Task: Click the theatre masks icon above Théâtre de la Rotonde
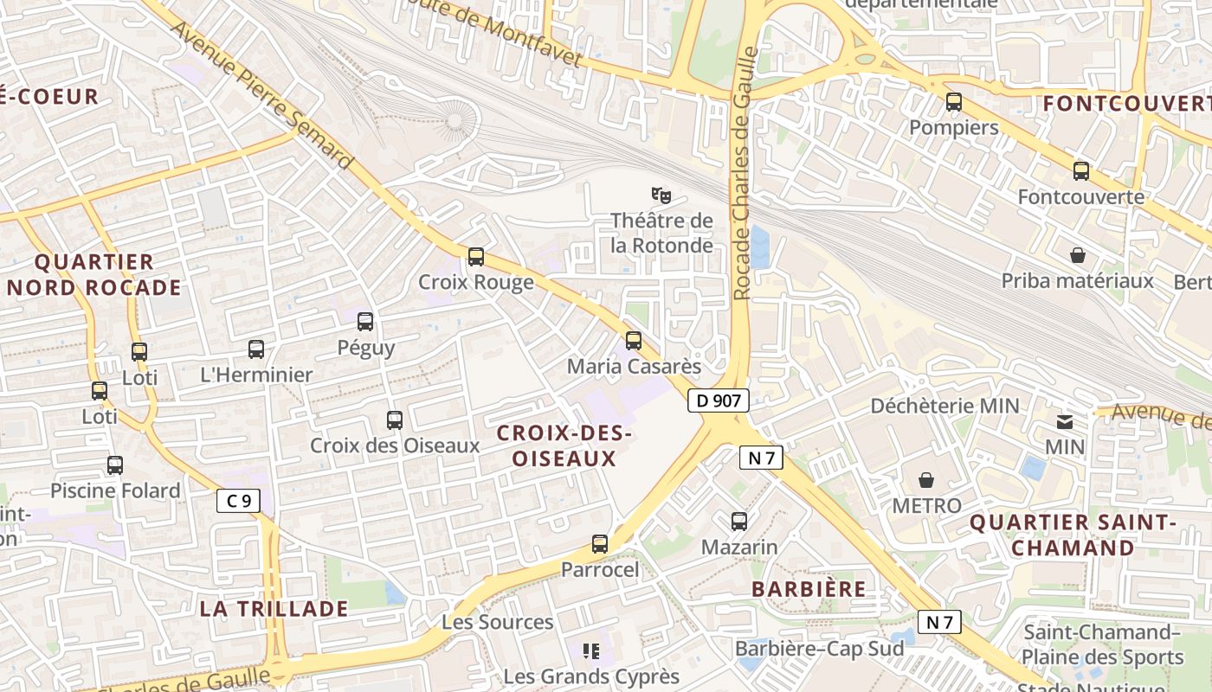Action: [x=661, y=195]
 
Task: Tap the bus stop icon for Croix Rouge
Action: [x=475, y=257]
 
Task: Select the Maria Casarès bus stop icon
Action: [x=634, y=341]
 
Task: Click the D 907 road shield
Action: [x=719, y=400]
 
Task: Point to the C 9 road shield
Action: [x=238, y=500]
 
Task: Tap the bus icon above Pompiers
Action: [x=953, y=102]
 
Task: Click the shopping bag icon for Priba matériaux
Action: [x=1078, y=255]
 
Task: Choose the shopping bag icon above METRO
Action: [x=926, y=479]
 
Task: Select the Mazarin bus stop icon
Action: [x=738, y=522]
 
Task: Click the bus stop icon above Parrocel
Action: [x=599, y=544]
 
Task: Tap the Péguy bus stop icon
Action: [x=365, y=322]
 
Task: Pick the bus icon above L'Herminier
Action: [x=255, y=349]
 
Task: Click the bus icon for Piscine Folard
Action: [x=115, y=465]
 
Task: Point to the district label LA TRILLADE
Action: [x=274, y=608]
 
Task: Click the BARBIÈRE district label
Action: [x=809, y=589]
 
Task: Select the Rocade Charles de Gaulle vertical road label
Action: [x=744, y=173]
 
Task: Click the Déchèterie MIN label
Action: [x=944, y=406]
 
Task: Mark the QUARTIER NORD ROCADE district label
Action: [x=95, y=274]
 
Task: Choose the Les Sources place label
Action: [x=497, y=622]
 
